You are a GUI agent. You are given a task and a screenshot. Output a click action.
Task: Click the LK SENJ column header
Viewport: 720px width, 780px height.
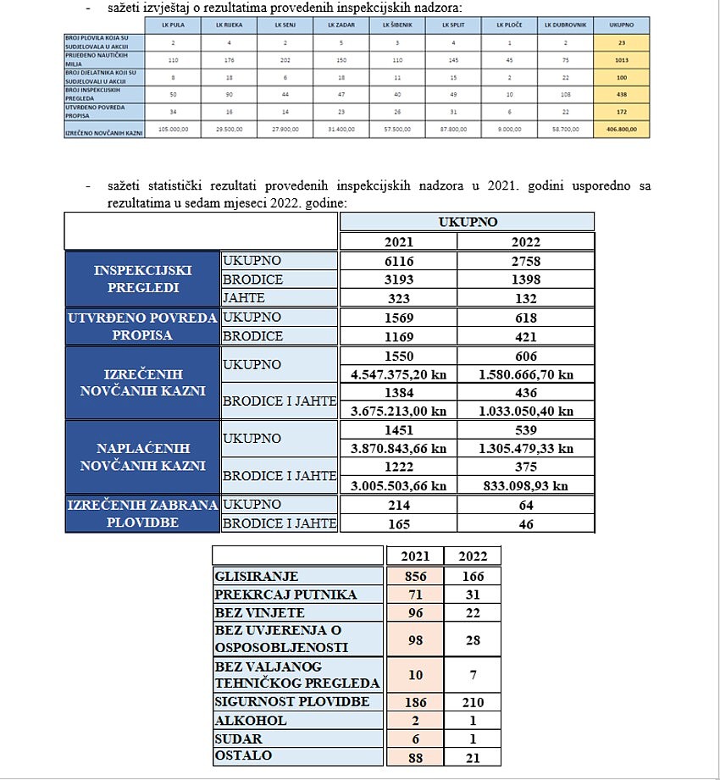click(285, 25)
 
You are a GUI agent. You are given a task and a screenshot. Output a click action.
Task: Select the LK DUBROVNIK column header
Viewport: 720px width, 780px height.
click(565, 25)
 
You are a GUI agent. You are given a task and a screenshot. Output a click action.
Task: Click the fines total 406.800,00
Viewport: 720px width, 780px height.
click(622, 130)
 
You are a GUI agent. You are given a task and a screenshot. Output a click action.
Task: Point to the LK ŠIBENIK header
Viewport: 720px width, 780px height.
click(397, 25)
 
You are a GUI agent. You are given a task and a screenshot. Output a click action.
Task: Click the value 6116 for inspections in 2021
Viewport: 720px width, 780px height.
click(398, 261)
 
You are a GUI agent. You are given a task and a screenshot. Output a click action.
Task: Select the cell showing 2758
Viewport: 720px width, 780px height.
click(525, 261)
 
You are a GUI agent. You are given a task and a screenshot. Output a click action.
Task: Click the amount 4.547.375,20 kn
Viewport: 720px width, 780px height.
click(398, 374)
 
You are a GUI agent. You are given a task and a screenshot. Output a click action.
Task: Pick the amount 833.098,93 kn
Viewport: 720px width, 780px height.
click(525, 485)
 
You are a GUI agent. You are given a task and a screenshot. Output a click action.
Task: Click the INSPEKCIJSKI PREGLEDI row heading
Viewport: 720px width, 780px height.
click(142, 279)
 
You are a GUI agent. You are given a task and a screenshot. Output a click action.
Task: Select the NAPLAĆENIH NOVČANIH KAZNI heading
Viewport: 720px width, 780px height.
click(142, 456)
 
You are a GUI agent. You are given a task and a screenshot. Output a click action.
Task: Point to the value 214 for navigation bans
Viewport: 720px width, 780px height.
click(398, 506)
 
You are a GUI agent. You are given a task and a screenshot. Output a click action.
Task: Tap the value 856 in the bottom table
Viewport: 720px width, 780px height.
click(415, 576)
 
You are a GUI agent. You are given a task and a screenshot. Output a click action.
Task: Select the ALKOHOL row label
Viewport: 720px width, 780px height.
click(252, 721)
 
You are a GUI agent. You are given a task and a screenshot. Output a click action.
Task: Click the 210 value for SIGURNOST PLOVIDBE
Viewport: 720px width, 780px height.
click(473, 702)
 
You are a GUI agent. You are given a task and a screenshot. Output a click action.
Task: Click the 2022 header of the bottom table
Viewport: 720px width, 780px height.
click(473, 556)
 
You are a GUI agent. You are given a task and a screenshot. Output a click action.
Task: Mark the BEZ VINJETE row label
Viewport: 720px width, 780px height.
click(260, 612)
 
